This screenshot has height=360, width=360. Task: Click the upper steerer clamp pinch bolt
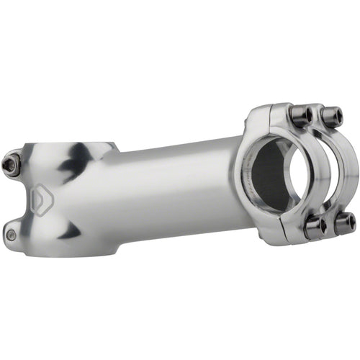point(12,165)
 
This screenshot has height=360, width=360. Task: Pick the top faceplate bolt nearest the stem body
point(300,115)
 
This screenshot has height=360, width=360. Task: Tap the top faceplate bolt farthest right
point(332,116)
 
